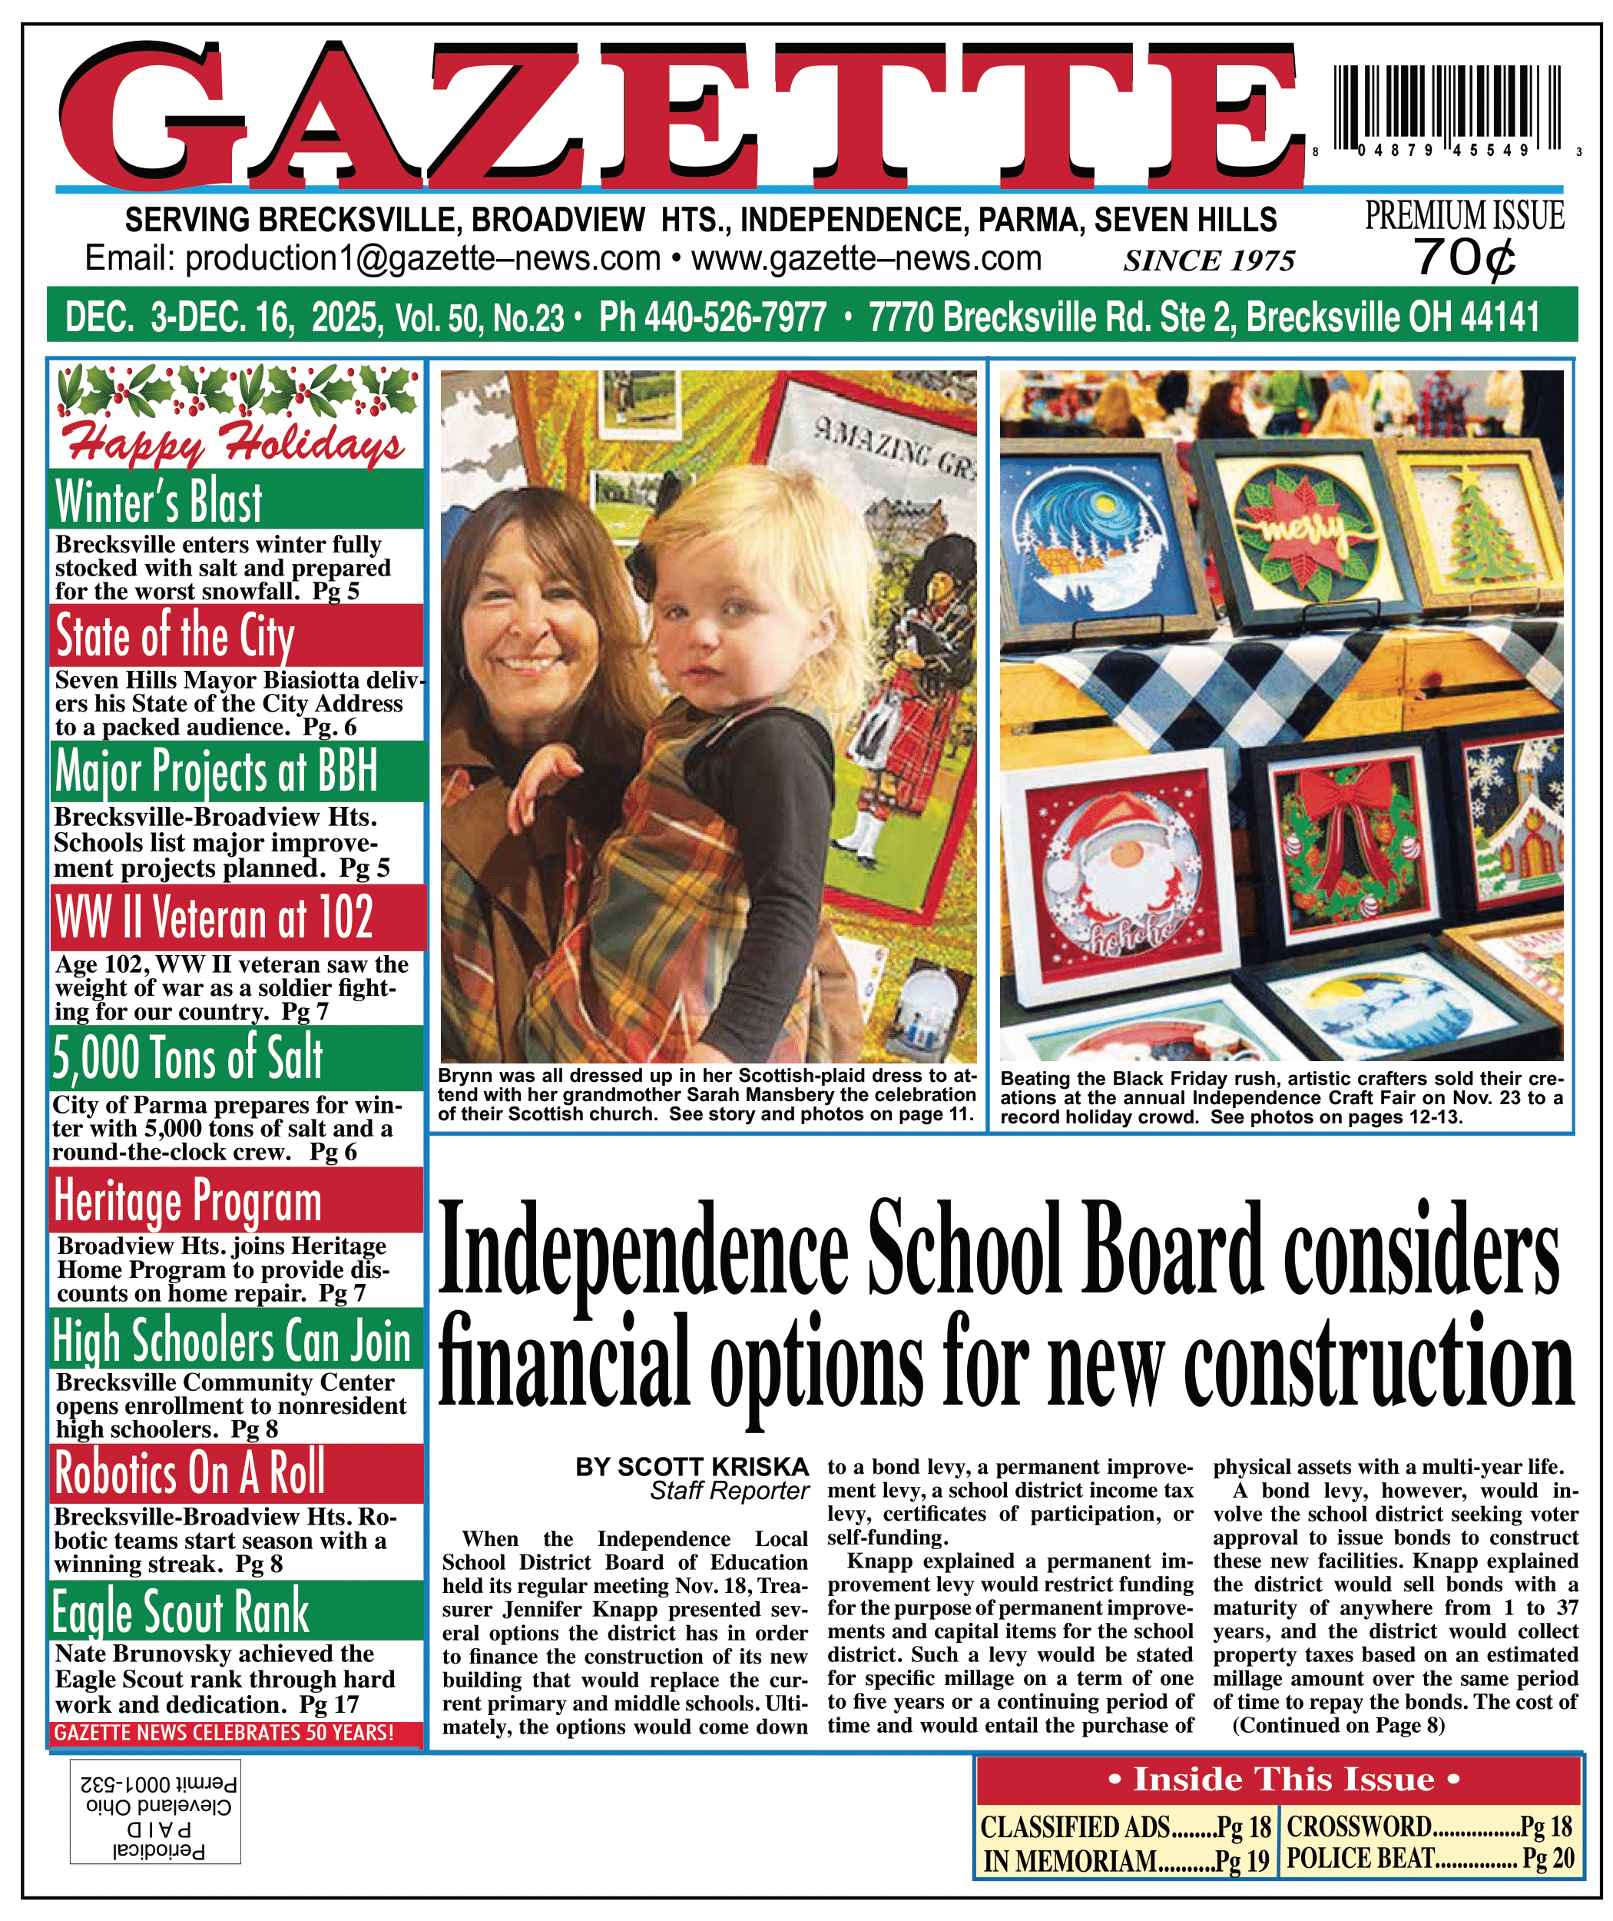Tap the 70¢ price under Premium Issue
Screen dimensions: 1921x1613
pyautogui.click(x=1465, y=258)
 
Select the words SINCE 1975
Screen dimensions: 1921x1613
pyautogui.click(x=1209, y=261)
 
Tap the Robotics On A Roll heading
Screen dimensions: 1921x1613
pyautogui.click(x=190, y=1474)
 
